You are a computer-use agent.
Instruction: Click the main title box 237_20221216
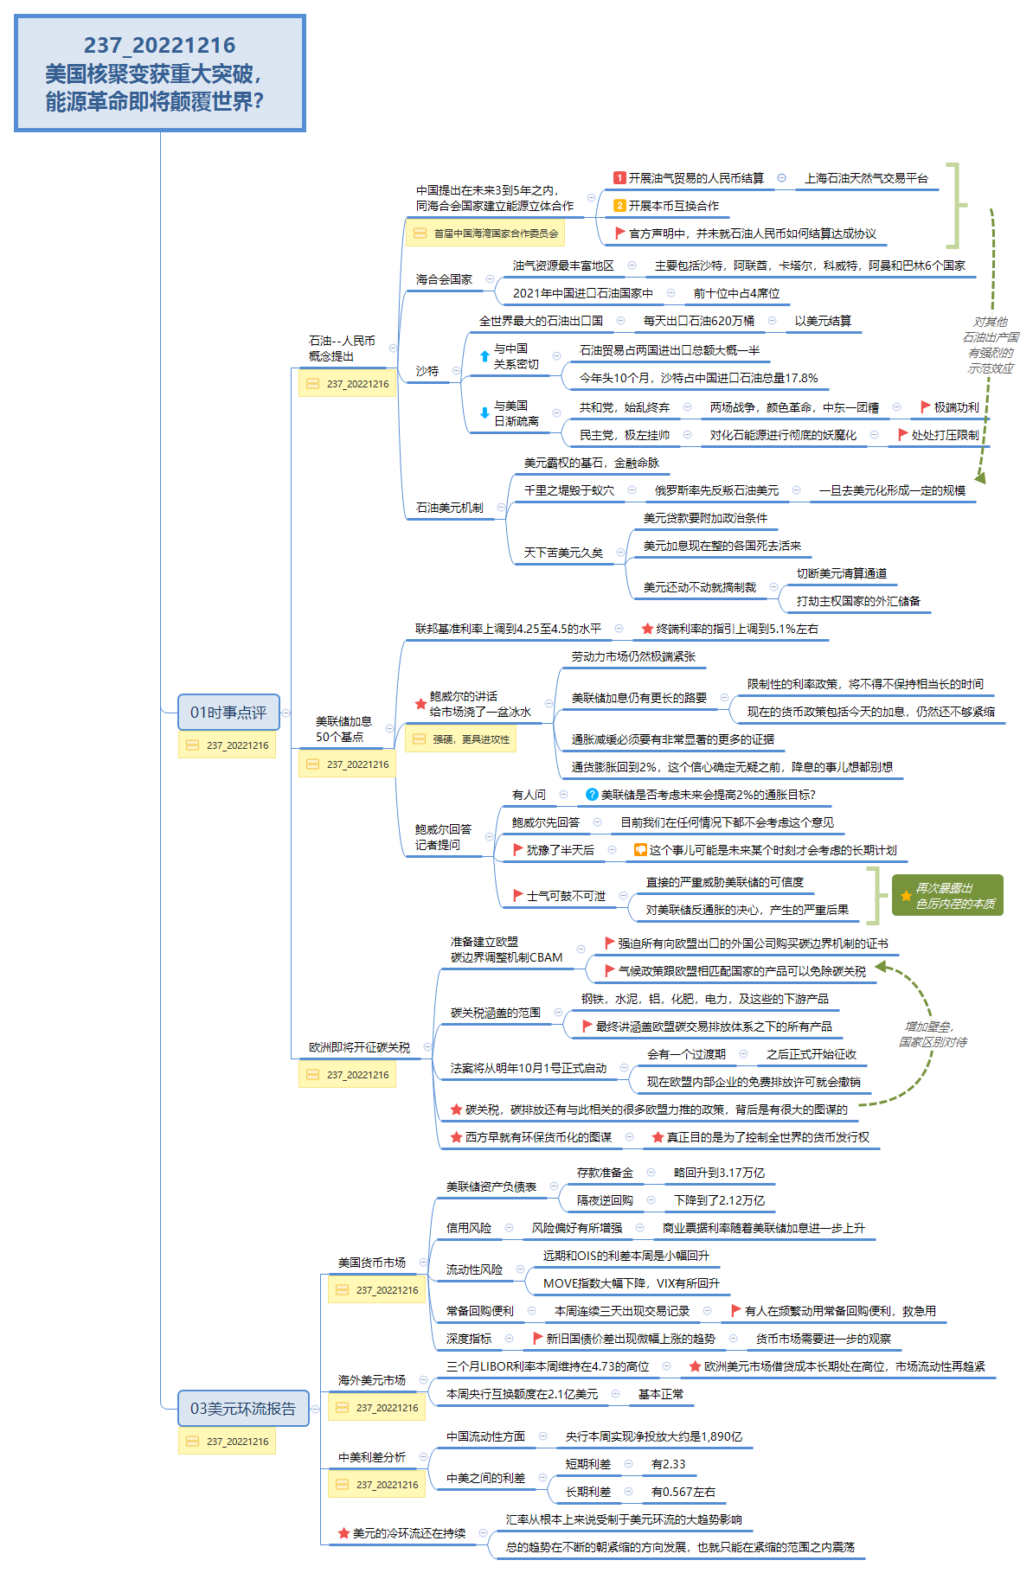160,74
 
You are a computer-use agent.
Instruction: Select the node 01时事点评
228,713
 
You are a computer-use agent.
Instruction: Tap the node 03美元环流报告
242,1409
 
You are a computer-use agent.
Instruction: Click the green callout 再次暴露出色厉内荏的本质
948,895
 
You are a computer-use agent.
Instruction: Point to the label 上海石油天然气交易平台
866,178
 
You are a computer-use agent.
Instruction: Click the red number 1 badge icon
619,178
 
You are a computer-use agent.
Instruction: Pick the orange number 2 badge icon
619,206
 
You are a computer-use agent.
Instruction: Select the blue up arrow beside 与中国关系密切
484,355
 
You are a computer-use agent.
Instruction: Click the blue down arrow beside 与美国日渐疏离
484,412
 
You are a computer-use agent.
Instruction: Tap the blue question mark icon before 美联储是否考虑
592,795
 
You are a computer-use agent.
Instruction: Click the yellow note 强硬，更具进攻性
461,739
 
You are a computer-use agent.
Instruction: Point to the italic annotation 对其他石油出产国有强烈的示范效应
991,345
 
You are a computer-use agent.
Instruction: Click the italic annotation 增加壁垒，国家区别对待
932,1034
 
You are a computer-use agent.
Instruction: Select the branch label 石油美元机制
449,508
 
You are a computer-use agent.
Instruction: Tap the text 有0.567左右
683,1492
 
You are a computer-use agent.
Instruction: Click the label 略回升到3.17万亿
719,1173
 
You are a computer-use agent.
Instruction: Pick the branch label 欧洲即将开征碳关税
359,1047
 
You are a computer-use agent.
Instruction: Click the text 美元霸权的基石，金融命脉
591,463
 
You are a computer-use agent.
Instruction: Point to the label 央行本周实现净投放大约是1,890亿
653,1436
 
